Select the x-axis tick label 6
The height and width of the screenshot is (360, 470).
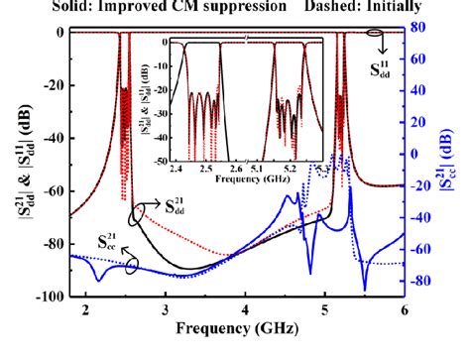tap(404, 309)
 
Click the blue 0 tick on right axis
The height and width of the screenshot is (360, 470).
tap(416, 155)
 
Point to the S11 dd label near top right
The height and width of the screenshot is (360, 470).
tap(380, 67)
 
